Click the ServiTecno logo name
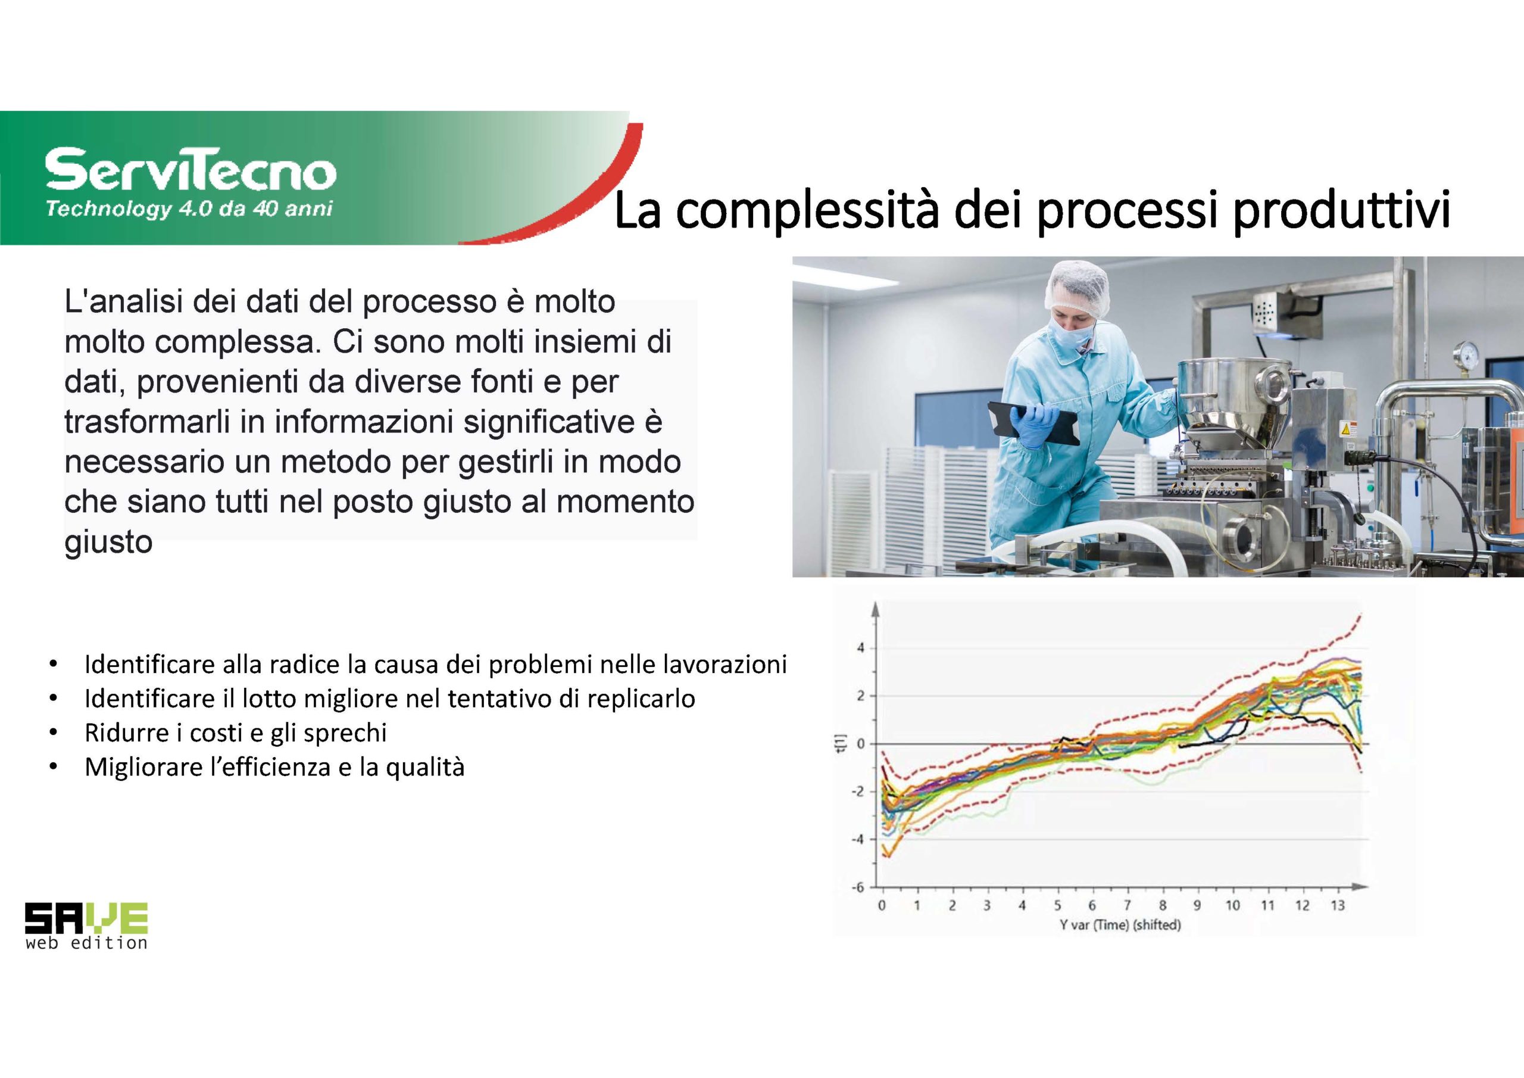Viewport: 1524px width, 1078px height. (190, 171)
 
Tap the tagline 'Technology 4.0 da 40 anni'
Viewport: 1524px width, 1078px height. (189, 209)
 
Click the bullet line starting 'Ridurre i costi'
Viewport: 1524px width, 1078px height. (236, 733)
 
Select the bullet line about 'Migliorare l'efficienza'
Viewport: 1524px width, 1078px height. (274, 767)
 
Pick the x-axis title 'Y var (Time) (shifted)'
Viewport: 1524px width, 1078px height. (1120, 924)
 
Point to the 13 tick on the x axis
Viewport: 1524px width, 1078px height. (1337, 905)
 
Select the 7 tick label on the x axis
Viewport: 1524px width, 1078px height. (1127, 905)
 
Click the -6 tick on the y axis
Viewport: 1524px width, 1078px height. (859, 887)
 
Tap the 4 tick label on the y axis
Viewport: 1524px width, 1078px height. (861, 647)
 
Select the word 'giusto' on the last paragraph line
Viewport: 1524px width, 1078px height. (109, 543)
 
